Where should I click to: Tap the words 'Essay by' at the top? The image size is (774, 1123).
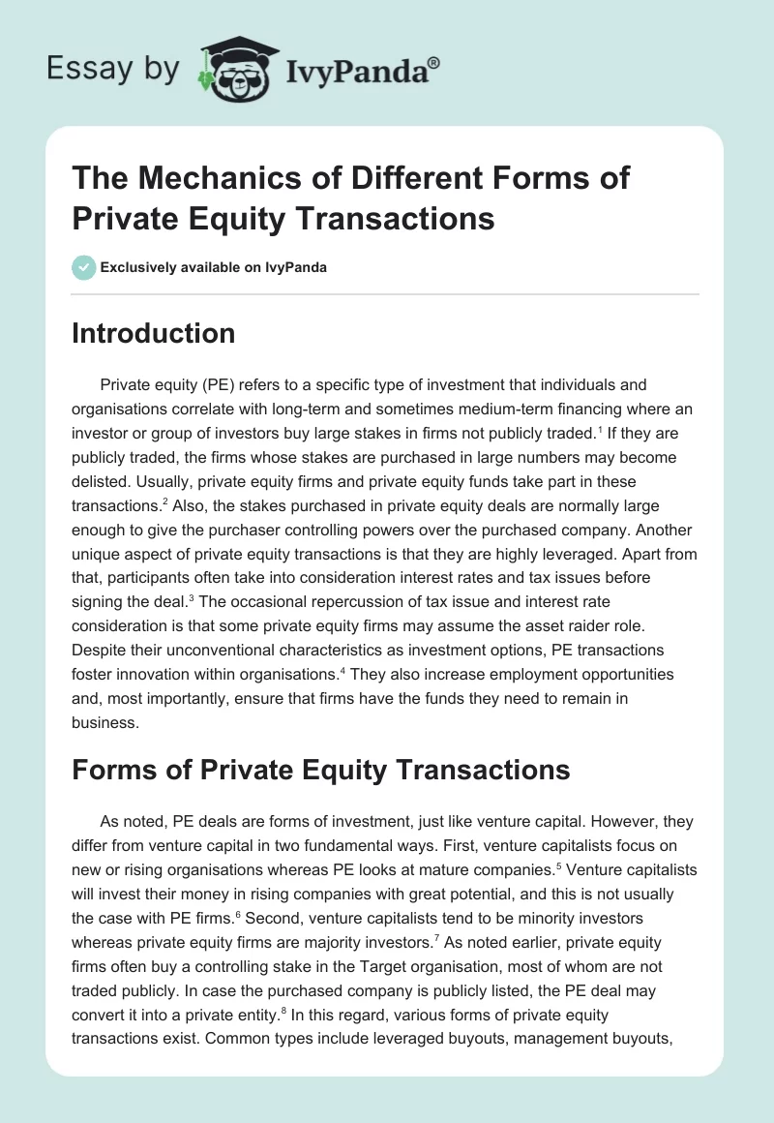(x=113, y=69)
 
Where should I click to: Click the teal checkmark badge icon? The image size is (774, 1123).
(x=84, y=267)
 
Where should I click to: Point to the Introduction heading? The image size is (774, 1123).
(x=153, y=334)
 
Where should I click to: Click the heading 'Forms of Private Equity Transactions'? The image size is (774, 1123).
(x=320, y=771)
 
